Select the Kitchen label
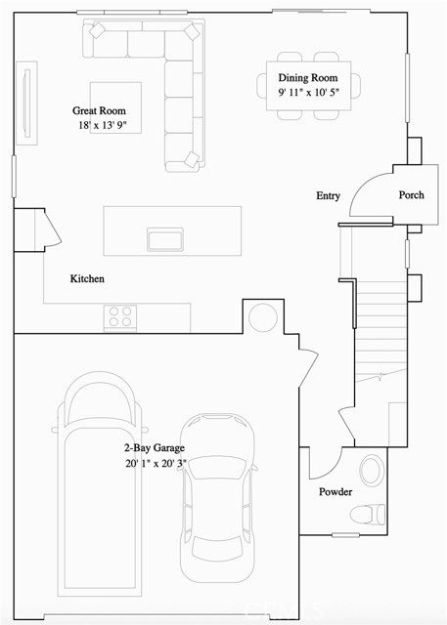(x=87, y=279)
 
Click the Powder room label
(x=335, y=491)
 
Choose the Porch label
(x=411, y=194)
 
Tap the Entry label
(x=328, y=196)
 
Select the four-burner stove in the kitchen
(x=120, y=316)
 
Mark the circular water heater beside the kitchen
(x=264, y=317)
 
